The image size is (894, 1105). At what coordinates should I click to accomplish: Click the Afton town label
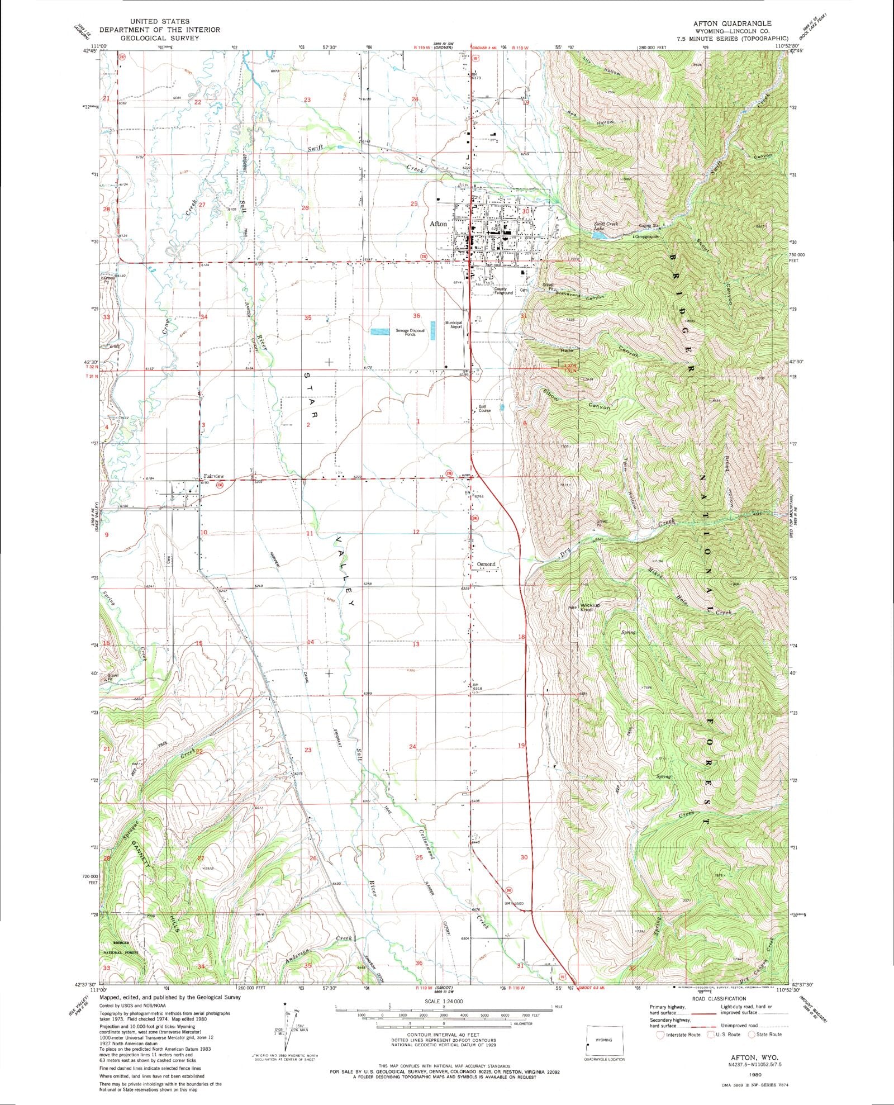point(438,224)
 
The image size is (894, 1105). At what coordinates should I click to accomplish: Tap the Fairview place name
point(213,476)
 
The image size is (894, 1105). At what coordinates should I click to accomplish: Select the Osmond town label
point(486,565)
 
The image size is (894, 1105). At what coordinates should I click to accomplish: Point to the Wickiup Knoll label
point(590,607)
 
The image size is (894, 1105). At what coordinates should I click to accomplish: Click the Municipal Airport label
point(454,325)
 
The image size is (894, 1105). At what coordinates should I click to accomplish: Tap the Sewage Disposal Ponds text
point(410,332)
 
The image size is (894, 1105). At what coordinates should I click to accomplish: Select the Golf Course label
point(484,409)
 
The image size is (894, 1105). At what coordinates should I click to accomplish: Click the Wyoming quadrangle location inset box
point(605,1040)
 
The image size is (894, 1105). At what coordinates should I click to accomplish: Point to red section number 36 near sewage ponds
point(416,316)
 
